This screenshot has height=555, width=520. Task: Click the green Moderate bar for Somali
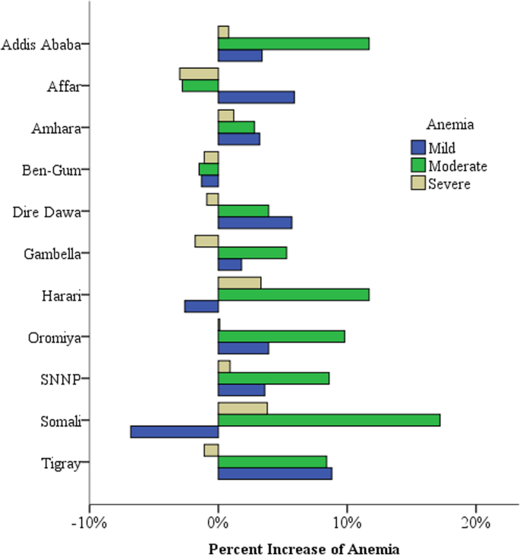329,420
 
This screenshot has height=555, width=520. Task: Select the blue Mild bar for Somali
174,431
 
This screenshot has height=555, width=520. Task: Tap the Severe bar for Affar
199,74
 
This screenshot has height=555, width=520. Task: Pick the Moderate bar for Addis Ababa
293,43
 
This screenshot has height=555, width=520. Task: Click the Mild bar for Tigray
275,473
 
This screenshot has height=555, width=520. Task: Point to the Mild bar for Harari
201,306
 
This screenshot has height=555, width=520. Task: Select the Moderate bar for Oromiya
281,336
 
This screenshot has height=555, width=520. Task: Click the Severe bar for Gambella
206,241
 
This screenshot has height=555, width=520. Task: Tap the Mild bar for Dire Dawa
254,222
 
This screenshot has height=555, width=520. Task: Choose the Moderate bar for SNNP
273,378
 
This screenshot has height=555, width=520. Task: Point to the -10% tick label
89,525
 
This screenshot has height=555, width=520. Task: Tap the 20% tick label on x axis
475,525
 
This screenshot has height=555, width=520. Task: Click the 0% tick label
218,525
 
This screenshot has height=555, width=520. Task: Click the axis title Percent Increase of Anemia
304,547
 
